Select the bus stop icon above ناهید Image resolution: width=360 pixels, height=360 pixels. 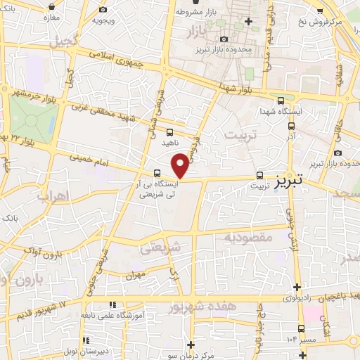point(169,131)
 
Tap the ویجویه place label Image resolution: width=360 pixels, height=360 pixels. point(103,20)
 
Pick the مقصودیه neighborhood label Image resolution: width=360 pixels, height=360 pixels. point(247,238)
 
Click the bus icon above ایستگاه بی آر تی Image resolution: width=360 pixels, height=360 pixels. point(157,173)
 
